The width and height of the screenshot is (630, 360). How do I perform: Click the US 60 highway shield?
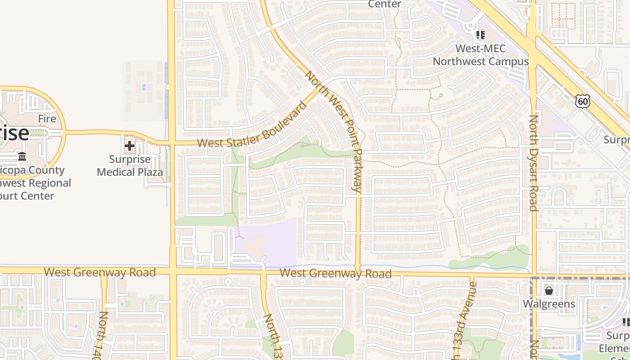point(583,101)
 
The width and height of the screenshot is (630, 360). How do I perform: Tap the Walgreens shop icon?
point(549,291)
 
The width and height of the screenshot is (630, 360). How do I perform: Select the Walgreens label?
point(549,304)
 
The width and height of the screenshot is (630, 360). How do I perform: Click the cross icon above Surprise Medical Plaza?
point(130,146)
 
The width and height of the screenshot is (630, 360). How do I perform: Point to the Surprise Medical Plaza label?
point(130,166)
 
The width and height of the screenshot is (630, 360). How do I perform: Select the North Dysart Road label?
point(533,163)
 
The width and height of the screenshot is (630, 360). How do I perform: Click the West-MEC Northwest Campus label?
point(481,55)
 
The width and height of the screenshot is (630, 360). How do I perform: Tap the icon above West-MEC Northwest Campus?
point(480,35)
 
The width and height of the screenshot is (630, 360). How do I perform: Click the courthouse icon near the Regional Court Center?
point(22,156)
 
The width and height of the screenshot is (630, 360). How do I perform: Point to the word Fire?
point(47,119)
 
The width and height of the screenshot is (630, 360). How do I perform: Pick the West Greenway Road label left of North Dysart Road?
point(335,273)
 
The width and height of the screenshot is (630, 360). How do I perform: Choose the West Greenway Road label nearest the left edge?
point(100,272)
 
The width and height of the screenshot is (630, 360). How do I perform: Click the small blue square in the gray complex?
point(144,87)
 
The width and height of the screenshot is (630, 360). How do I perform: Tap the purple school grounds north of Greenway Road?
point(270,241)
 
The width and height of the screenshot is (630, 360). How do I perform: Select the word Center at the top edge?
point(385,4)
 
